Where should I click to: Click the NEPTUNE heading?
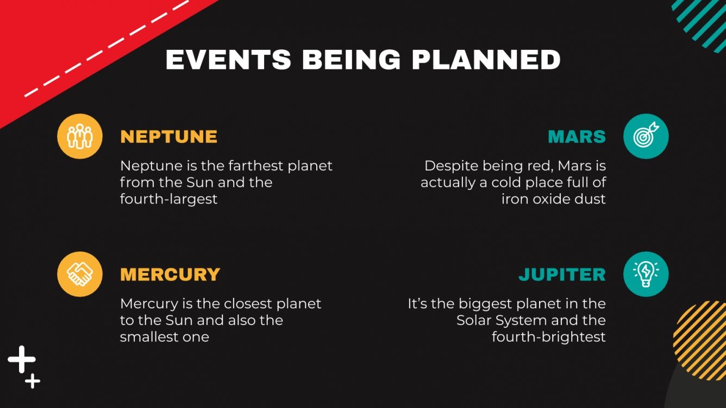pos(168,136)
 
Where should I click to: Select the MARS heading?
pos(576,136)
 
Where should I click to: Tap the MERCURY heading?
pos(170,274)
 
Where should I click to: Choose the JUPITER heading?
pos(561,274)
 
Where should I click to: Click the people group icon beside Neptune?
pos(80,136)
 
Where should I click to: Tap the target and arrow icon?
pos(646,136)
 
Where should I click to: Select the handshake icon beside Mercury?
pos(80,274)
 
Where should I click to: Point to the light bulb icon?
pos(646,274)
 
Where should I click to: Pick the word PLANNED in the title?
pos(486,60)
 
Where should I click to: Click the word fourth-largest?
pos(168,199)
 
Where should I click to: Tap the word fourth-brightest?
pos(548,337)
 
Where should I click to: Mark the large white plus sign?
pos(22,359)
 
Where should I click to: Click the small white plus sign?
pos(33,381)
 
